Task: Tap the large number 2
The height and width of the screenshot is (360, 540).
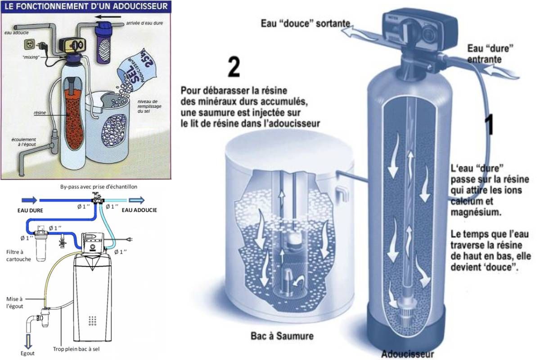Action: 234,67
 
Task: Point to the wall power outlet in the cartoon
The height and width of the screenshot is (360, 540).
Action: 29,45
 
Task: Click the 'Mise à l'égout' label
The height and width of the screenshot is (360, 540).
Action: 14,302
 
